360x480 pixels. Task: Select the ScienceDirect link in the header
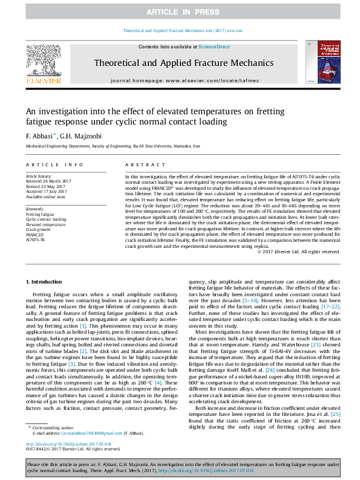tap(213, 47)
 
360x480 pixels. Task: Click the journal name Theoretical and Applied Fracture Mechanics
tap(183, 63)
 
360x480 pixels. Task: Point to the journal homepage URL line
tap(183, 80)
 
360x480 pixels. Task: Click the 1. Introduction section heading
tap(45, 282)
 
